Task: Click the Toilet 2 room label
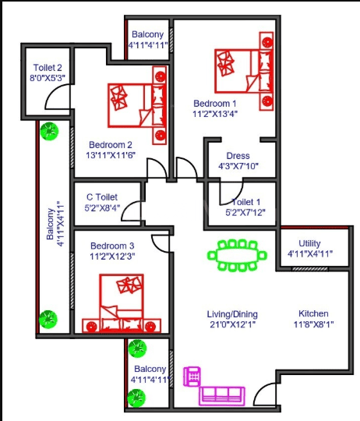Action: (48, 67)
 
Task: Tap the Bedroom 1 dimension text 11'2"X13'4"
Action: (215, 114)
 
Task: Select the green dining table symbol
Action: (237, 255)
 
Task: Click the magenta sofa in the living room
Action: (222, 396)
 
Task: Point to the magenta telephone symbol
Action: (192, 377)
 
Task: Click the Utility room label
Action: (309, 243)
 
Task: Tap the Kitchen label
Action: (313, 313)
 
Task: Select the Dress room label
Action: (238, 156)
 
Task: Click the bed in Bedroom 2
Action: (137, 105)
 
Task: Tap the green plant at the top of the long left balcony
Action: (49, 131)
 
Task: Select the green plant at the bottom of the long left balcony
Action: (48, 319)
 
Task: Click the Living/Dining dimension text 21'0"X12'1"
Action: (232, 324)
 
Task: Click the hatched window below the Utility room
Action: (309, 269)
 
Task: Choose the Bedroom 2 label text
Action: (111, 145)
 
